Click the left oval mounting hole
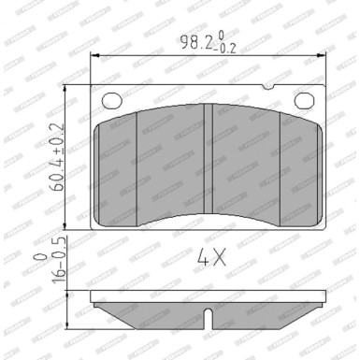tap(110, 100)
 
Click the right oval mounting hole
tap(303, 100)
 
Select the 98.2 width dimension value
tap(192, 42)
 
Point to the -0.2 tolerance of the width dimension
tap(227, 48)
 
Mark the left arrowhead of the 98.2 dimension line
tap(94, 55)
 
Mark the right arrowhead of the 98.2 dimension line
tap(322, 55)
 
